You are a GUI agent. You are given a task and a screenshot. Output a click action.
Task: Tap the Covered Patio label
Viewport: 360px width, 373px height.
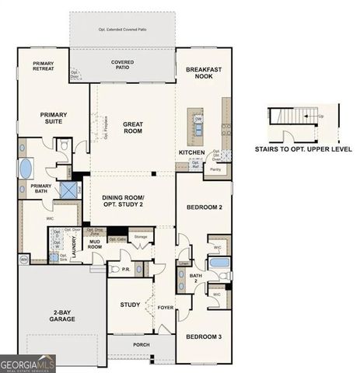(x=122, y=64)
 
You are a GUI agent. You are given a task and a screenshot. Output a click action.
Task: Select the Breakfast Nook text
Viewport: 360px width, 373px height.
(x=204, y=73)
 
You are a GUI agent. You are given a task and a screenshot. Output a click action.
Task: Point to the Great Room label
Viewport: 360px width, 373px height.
(x=132, y=126)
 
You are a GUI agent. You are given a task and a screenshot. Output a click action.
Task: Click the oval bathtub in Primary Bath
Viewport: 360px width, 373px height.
(x=26, y=168)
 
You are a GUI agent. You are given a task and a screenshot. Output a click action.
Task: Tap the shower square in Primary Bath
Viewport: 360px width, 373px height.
(x=68, y=189)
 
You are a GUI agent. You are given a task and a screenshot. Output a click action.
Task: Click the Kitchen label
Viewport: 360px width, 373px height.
(x=191, y=152)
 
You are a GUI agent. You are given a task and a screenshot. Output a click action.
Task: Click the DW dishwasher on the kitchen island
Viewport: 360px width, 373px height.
(x=198, y=119)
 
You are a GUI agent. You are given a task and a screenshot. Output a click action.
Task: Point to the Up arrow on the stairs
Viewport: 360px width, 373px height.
(x=320, y=116)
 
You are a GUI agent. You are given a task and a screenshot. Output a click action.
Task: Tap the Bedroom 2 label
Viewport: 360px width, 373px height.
(x=204, y=207)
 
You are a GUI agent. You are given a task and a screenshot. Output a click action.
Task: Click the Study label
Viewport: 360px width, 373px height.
(x=129, y=304)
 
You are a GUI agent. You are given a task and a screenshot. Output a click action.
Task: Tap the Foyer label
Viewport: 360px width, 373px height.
(x=166, y=306)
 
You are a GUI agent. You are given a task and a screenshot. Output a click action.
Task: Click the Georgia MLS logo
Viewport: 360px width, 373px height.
(x=28, y=364)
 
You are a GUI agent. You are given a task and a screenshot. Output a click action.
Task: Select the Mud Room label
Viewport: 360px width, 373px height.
(x=96, y=243)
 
